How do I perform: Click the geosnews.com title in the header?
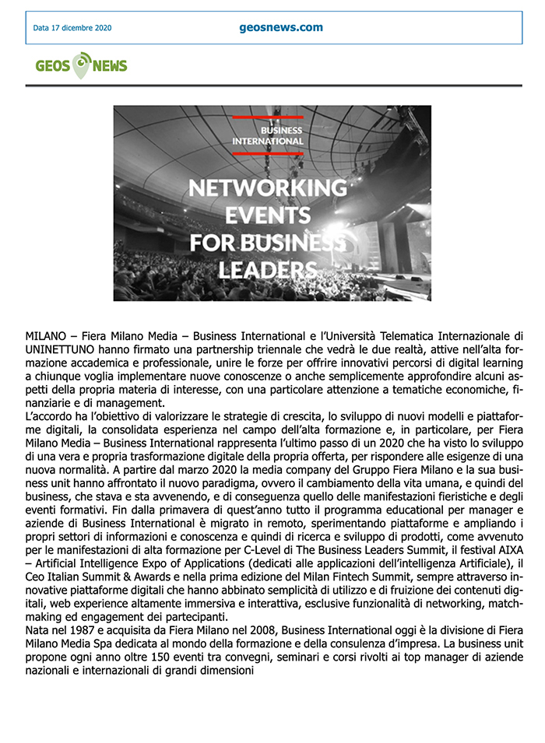click(x=281, y=27)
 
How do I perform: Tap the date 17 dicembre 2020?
click(x=72, y=28)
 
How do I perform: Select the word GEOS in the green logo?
click(x=53, y=66)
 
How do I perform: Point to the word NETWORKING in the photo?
click(x=268, y=188)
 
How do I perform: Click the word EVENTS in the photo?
click(x=268, y=215)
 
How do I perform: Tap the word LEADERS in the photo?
click(x=268, y=269)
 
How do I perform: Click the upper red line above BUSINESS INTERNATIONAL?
click(x=268, y=117)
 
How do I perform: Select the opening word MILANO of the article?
click(x=46, y=336)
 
